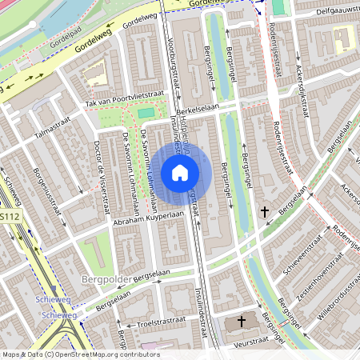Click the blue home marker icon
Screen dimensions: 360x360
coord(180,172)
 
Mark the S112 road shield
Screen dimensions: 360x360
coord(9,217)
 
